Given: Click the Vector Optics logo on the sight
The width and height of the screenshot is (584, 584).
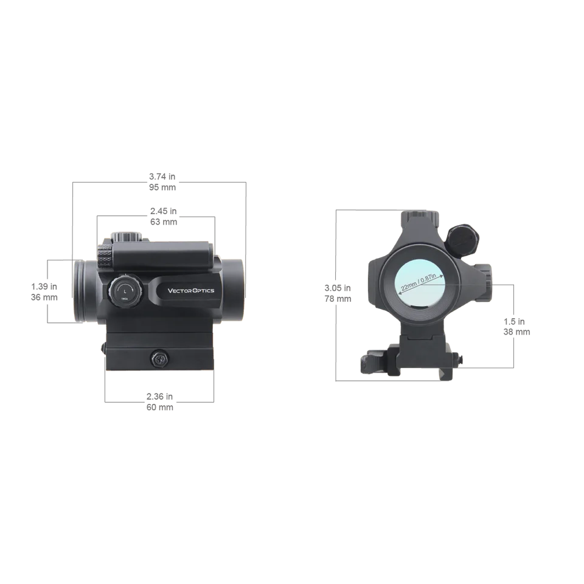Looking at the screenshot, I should [191, 291].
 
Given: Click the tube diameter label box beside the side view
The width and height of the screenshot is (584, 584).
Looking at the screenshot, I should [46, 289].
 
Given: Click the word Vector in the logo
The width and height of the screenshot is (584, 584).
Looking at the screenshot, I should [180, 291].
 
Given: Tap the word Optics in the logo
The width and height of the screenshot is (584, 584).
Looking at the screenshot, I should [204, 291].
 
